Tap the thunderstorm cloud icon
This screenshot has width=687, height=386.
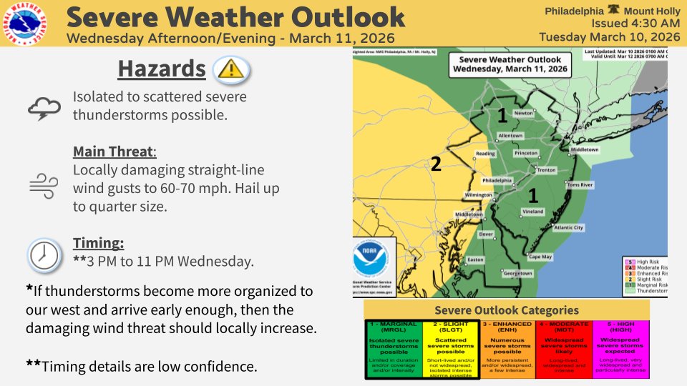coord(43,107)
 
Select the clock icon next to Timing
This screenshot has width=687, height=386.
coord(43,254)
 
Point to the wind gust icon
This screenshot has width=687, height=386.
coord(43,184)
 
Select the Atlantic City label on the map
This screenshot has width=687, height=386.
coord(569,227)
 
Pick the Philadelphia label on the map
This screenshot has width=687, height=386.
coord(497,180)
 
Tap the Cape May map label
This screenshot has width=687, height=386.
coord(540,256)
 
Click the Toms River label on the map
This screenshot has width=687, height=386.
coord(580,184)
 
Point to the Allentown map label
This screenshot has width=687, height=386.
coord(510,135)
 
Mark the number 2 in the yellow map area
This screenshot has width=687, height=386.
coord(434,164)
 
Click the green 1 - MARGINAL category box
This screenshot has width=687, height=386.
coord(392,347)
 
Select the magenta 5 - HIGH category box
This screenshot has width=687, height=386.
coord(620,347)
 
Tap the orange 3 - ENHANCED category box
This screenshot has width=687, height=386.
coord(506,347)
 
